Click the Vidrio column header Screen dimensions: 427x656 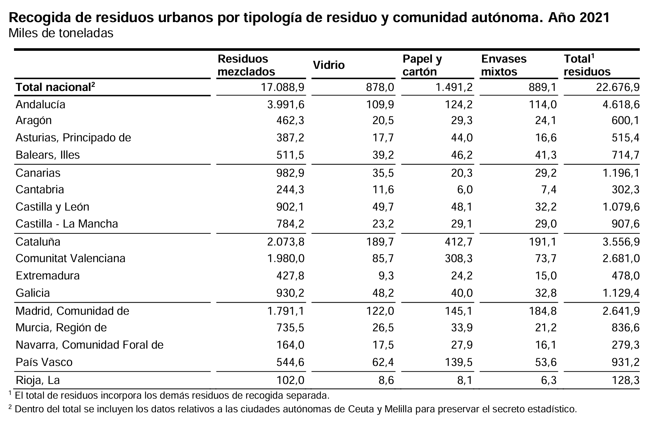(328, 65)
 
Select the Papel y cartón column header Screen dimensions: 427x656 (422, 65)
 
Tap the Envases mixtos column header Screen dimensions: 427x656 (504, 65)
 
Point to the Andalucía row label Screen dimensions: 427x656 (40, 105)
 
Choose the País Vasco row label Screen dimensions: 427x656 (44, 362)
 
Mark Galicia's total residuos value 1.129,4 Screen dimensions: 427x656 (621, 293)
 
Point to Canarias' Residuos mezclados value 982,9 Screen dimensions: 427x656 (290, 173)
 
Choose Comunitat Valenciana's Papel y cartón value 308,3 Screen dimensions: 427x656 (458, 258)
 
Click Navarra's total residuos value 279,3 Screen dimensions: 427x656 (625, 345)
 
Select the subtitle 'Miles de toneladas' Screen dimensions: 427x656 (61, 33)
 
